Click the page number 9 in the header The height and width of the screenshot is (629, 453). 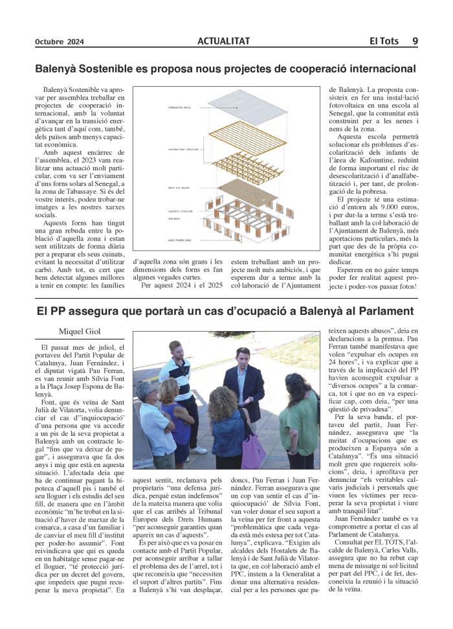coord(414,41)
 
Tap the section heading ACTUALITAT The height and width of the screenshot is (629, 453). coord(224,41)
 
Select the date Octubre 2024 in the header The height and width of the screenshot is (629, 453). coord(60,41)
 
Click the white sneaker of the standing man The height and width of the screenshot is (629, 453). coord(200,449)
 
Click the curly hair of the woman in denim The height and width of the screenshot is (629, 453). coord(223,402)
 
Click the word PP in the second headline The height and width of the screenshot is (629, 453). coord(62,310)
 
